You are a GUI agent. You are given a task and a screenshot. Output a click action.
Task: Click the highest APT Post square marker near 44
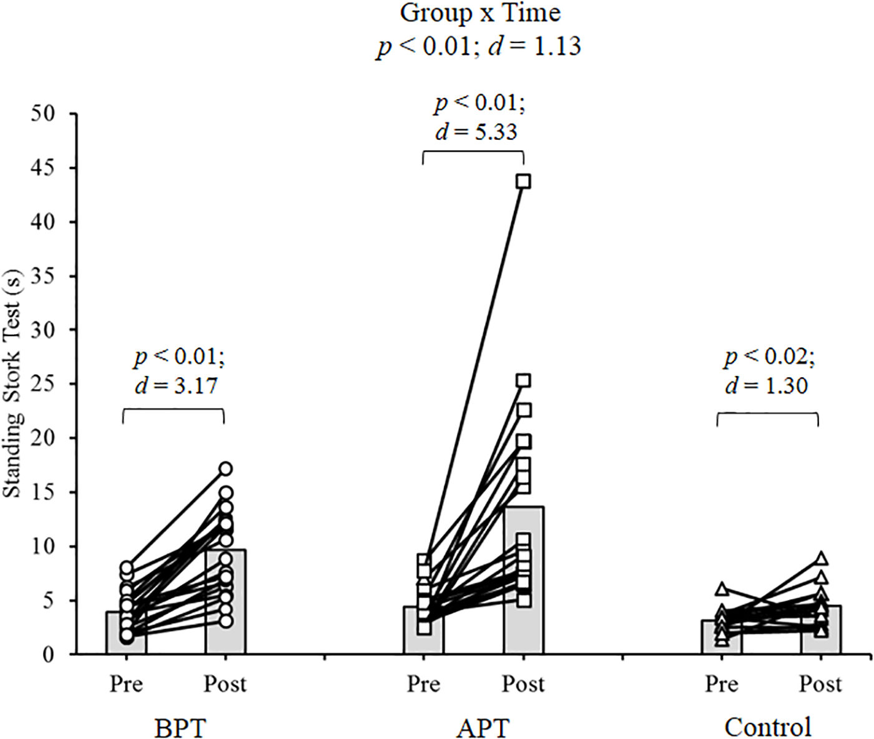click(523, 181)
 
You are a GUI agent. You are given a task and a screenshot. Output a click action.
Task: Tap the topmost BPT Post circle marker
click(225, 468)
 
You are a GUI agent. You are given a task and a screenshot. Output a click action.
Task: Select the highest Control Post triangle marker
click(822, 558)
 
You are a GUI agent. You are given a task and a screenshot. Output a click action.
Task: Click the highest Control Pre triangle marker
click(722, 588)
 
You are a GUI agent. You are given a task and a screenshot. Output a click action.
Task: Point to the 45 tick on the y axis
click(72, 168)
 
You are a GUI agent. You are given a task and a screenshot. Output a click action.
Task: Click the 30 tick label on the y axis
click(42, 330)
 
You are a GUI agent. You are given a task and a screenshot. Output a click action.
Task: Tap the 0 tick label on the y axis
click(48, 654)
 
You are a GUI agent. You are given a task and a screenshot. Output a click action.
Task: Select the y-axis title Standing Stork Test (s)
click(12, 384)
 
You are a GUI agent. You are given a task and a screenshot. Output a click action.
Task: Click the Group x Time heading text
click(480, 13)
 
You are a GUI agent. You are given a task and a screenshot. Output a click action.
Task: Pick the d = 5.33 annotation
click(476, 132)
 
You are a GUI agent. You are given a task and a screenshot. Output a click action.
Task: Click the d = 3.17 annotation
click(177, 386)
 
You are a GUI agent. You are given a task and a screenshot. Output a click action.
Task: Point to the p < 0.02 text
click(769, 356)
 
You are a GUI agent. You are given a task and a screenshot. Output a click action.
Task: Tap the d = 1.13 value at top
click(535, 46)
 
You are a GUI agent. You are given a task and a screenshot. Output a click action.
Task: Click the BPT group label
click(180, 728)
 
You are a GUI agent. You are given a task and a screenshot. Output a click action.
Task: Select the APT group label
click(483, 728)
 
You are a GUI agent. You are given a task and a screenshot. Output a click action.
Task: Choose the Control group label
click(768, 727)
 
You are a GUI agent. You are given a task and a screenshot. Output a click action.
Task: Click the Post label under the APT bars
click(523, 684)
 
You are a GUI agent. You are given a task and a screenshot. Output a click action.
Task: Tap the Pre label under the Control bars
click(722, 684)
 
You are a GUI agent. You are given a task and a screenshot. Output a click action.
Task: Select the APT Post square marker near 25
click(523, 380)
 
